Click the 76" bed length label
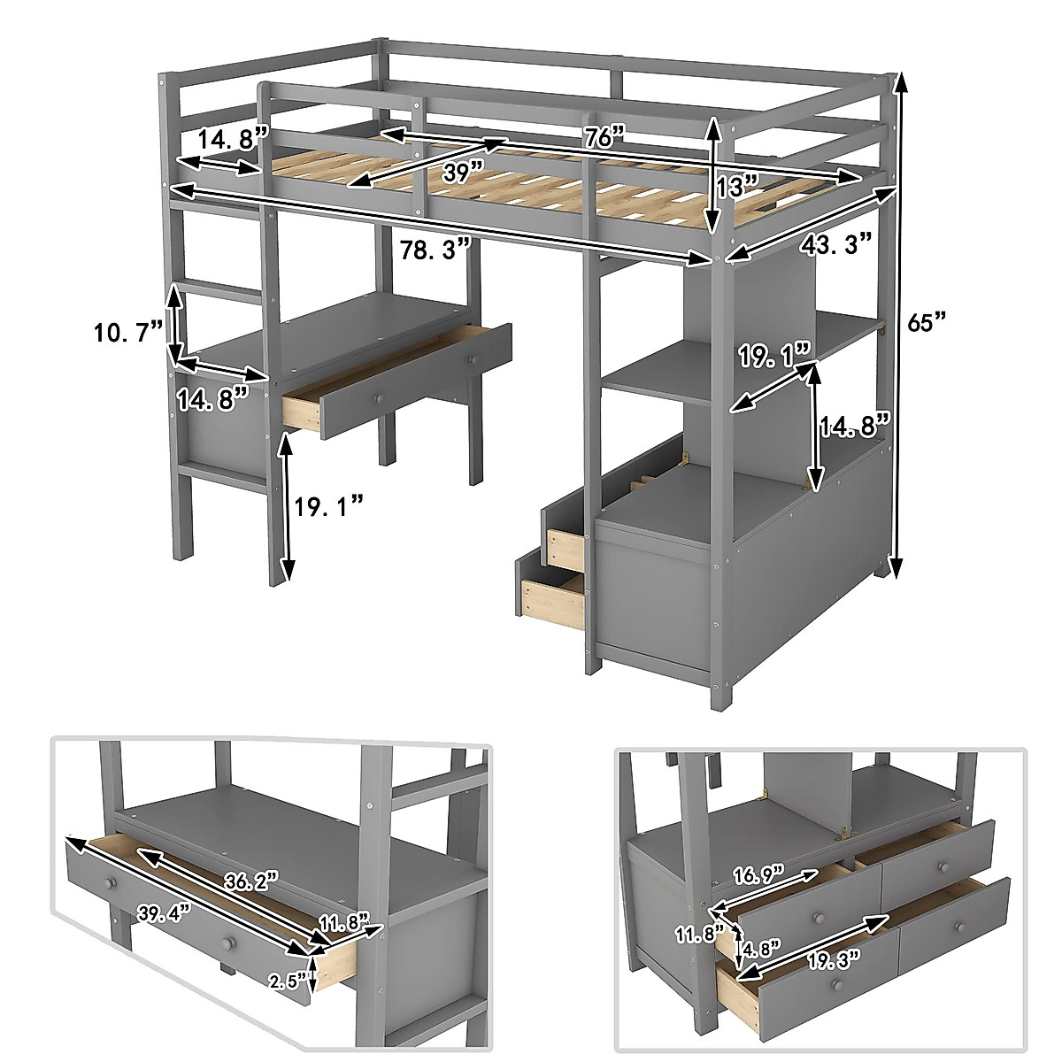pyautogui.click(x=605, y=137)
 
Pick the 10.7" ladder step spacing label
pyautogui.click(x=128, y=332)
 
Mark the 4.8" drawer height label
pyautogui.click(x=761, y=949)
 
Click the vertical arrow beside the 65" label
pyautogui.click(x=900, y=324)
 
